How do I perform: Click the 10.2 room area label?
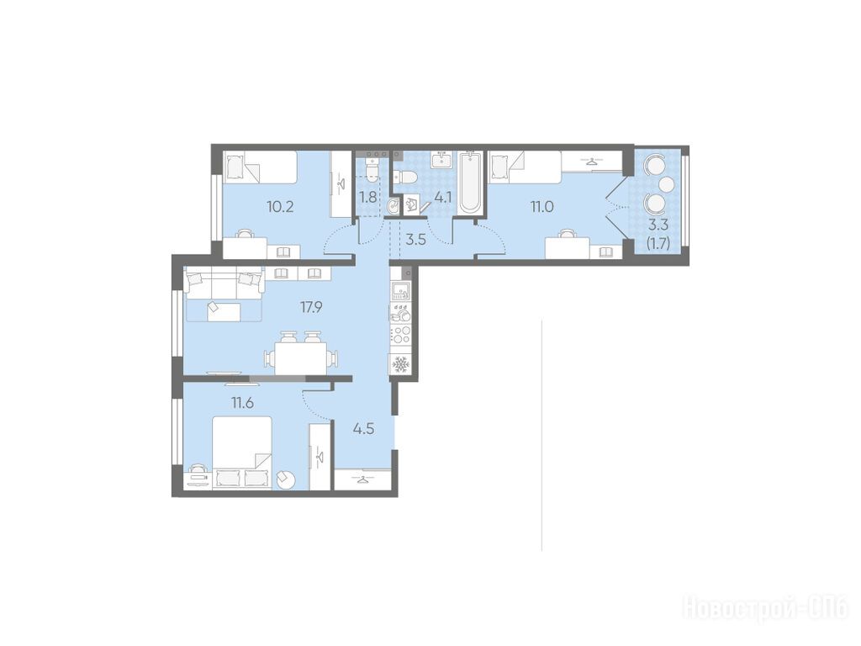(280, 207)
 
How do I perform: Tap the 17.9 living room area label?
(311, 307)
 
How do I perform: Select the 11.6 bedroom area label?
(242, 403)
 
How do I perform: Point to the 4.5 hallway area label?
(363, 428)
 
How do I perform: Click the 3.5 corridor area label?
(415, 240)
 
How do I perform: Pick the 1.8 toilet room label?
(368, 197)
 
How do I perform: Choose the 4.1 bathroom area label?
(442, 197)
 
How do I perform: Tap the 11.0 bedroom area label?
(541, 207)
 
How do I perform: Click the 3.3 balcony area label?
(658, 225)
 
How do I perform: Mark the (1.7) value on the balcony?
(658, 242)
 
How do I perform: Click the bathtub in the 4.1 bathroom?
(471, 182)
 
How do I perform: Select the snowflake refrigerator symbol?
(400, 364)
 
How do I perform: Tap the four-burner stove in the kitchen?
(400, 335)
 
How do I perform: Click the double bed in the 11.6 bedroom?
(242, 452)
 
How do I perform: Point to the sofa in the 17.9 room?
(224, 294)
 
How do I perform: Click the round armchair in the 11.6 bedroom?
(286, 479)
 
